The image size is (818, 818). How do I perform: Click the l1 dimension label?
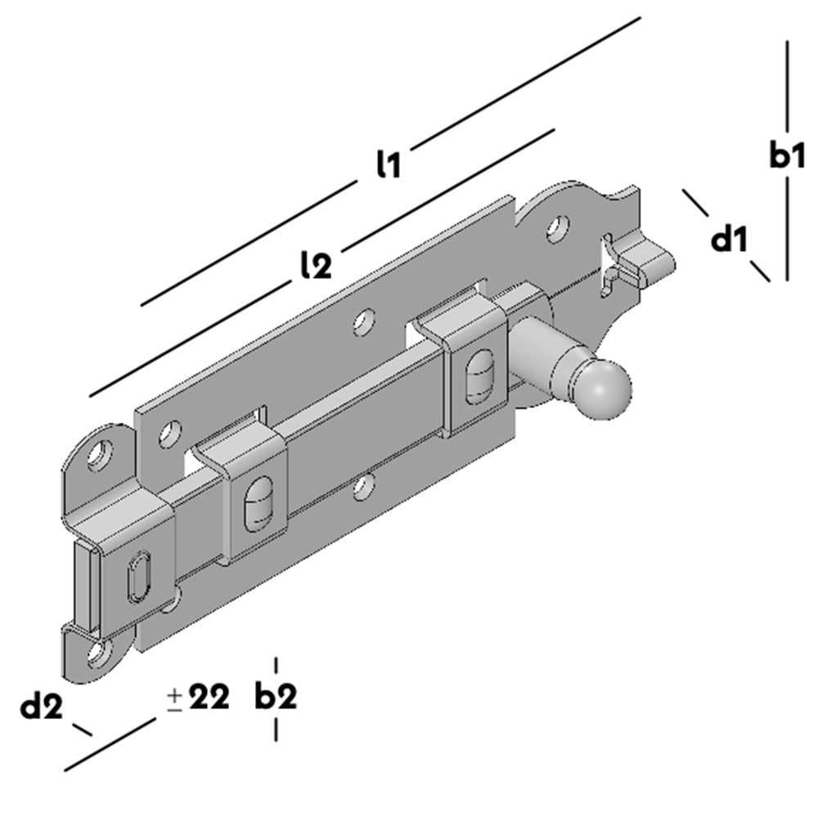(x=388, y=166)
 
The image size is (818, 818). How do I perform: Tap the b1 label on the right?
(x=786, y=155)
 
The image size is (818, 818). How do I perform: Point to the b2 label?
(x=275, y=698)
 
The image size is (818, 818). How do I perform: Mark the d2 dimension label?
(x=42, y=706)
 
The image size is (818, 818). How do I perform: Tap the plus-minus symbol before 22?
(x=174, y=700)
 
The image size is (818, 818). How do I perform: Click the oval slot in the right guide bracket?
(x=475, y=375)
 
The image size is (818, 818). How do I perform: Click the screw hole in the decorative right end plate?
(x=558, y=227)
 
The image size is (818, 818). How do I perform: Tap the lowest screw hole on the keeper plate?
(x=98, y=652)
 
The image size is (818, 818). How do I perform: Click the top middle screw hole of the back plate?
(x=364, y=323)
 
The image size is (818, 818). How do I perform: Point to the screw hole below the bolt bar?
(x=362, y=488)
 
